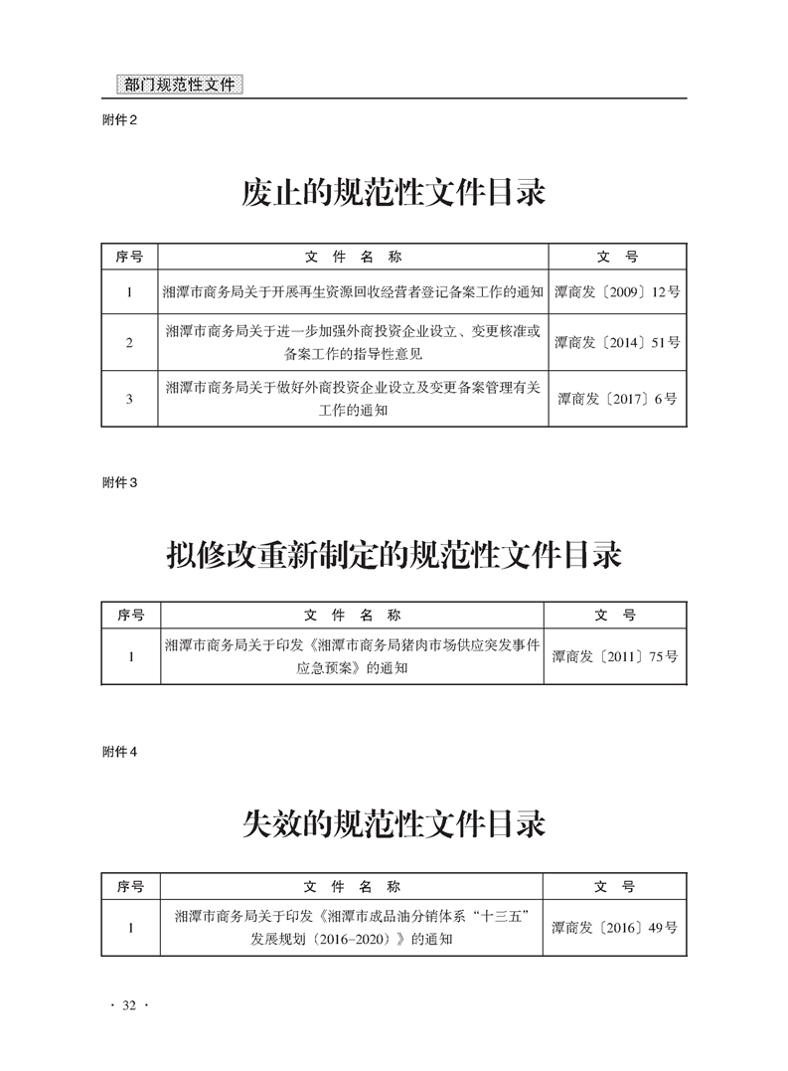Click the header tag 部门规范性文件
tap(180, 85)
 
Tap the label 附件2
tap(119, 120)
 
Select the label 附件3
tap(119, 483)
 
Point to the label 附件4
tap(119, 752)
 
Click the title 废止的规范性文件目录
tap(394, 193)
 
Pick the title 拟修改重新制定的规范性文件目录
tap(394, 555)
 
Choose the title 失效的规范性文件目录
tap(394, 824)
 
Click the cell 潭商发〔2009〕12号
tap(617, 292)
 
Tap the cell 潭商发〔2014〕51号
tap(617, 343)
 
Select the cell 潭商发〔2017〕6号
tap(617, 399)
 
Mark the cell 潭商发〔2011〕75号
tap(615, 657)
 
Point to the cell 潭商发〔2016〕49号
tap(614, 928)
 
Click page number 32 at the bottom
tap(129, 1005)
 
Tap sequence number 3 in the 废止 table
tap(129, 399)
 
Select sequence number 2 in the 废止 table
tap(129, 343)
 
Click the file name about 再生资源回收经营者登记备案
tap(353, 292)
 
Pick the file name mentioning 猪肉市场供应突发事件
tap(352, 656)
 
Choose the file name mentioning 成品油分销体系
tap(352, 928)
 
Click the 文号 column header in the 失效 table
tap(614, 887)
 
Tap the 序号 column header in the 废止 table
tap(129, 258)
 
